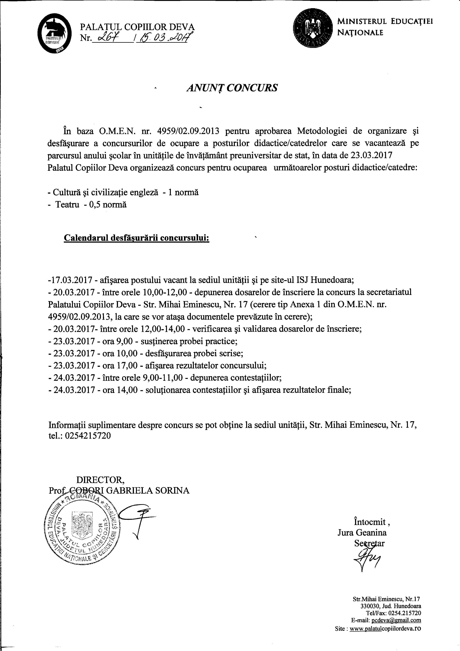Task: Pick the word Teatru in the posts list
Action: [67, 204]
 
